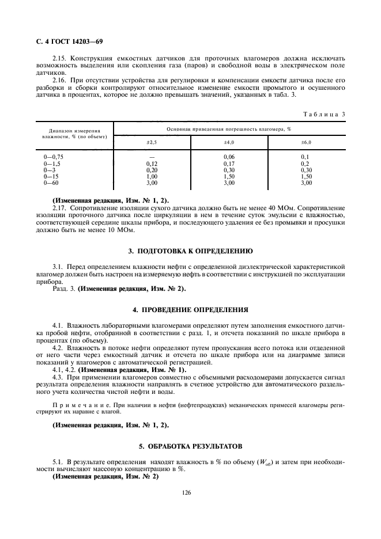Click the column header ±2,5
click(152, 142)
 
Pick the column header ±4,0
click(229, 142)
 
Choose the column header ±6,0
click(306, 142)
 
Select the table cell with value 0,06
click(229, 157)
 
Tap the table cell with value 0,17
click(229, 164)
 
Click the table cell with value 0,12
click(152, 164)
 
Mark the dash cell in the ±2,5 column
click(152, 157)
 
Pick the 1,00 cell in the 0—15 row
click(152, 176)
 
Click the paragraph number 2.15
click(59, 59)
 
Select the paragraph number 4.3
click(58, 376)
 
